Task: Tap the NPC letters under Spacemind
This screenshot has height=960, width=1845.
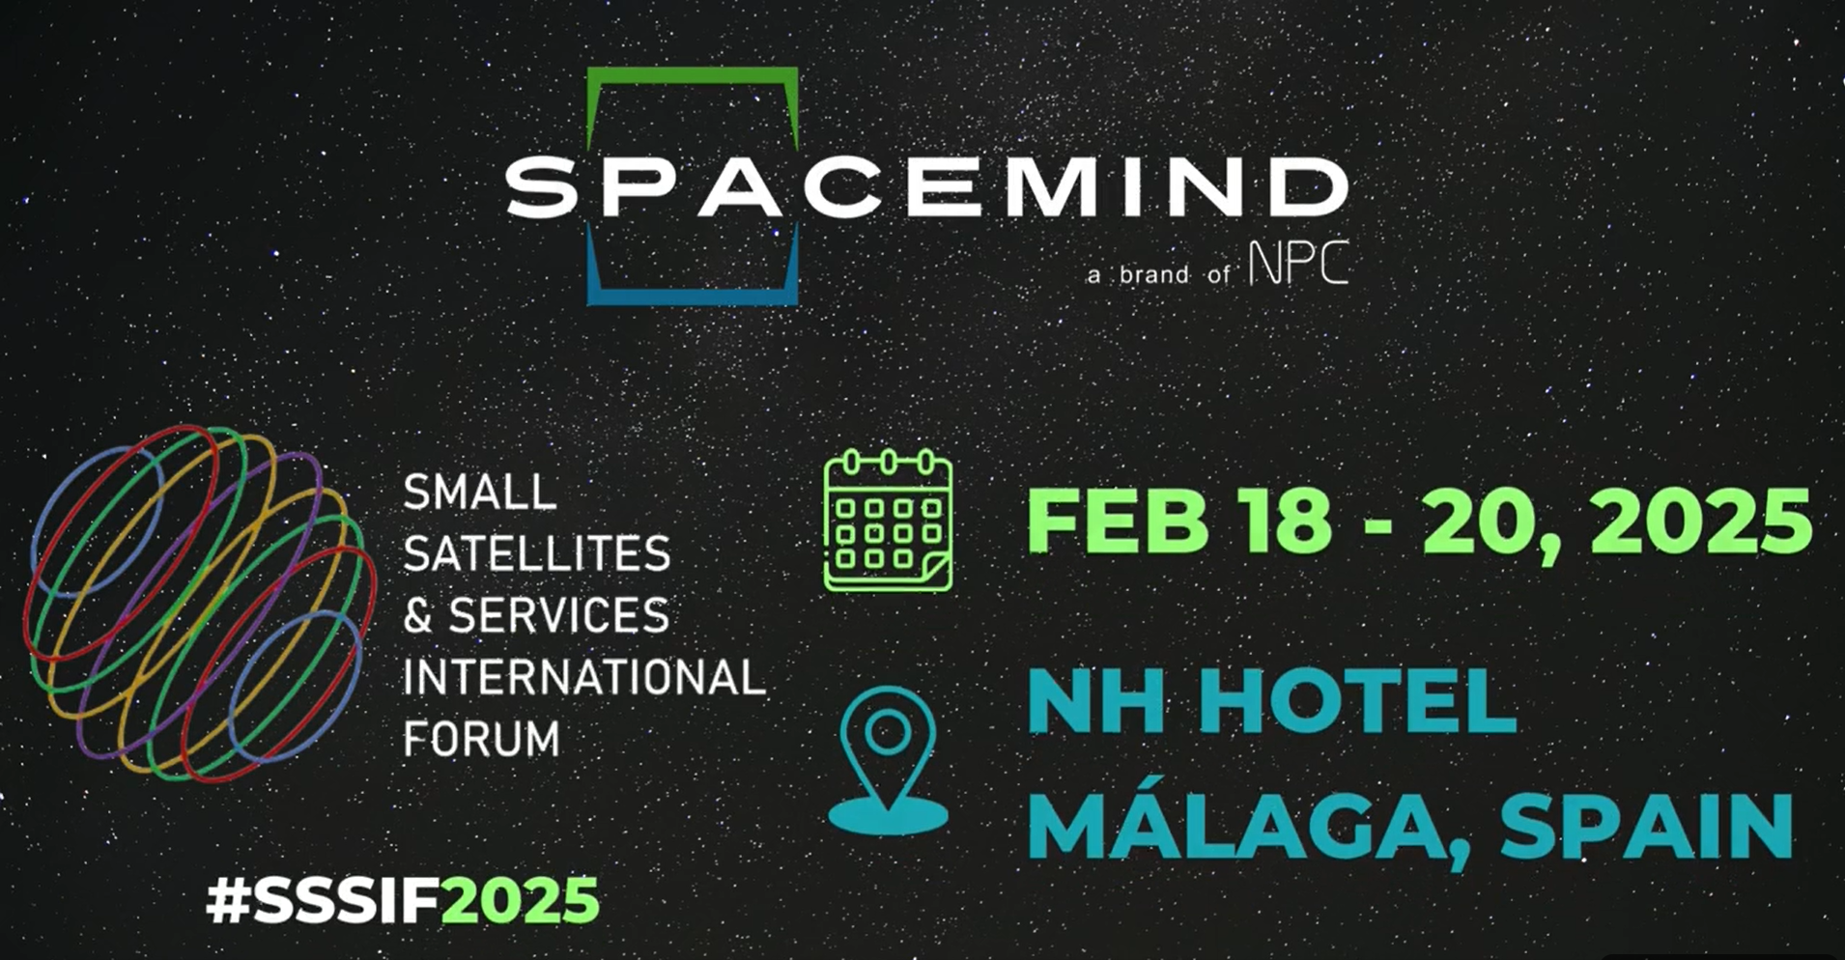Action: (1298, 263)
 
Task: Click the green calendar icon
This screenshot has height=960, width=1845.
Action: (888, 521)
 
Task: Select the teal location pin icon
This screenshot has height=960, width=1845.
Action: (888, 761)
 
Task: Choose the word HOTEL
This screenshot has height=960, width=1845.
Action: (1357, 701)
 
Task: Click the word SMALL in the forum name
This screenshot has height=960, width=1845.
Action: (479, 493)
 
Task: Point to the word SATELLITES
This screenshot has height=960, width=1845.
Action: (536, 554)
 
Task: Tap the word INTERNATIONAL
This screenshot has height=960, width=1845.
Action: (583, 677)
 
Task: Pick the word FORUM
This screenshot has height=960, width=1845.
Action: (481, 739)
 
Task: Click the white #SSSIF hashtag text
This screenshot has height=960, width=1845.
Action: (324, 900)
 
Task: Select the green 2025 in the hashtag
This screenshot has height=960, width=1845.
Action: (521, 900)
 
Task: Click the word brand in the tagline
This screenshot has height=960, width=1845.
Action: (1154, 274)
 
